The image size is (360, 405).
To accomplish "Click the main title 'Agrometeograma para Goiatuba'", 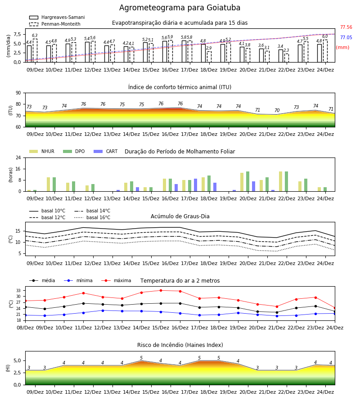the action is pos(180,8).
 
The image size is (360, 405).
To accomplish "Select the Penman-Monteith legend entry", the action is pos(55,24).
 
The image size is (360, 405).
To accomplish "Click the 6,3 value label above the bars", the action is pos(35,36).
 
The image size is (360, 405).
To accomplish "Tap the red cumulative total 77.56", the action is pos(346,27).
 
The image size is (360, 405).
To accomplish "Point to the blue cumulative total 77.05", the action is pos(346,37).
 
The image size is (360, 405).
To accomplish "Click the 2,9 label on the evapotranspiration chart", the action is pos(209,48).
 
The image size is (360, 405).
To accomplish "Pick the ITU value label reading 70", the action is pos(277,110).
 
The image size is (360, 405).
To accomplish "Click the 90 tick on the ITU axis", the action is pos(18,93).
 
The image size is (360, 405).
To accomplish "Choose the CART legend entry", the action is pos(106,151).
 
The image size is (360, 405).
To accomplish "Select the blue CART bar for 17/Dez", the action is pos(195,185).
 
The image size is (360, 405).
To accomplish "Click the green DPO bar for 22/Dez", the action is pos(286,181).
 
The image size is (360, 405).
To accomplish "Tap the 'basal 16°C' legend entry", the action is pos(92,217).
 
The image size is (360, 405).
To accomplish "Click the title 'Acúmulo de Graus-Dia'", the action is pos(180,216).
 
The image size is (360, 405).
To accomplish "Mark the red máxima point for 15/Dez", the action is pos(161,290).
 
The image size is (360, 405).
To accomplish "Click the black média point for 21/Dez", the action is pos(277,312).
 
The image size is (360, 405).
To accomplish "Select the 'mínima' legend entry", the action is pos(78,280).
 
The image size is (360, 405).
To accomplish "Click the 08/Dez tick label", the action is pos(25,328).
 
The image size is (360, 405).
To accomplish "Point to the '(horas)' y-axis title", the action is pos(11,175).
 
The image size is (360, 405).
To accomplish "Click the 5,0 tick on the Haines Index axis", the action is pos(17,360).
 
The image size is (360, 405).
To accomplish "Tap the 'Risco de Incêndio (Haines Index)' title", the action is pos(180,345).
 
